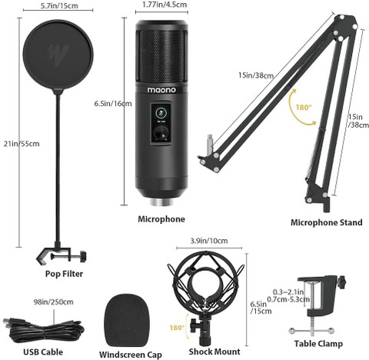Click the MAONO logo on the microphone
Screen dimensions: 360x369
point(161,89)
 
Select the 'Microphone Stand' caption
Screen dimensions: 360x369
point(326,223)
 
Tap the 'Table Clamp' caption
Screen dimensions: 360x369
point(318,344)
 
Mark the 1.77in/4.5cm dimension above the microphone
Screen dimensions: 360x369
point(161,5)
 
